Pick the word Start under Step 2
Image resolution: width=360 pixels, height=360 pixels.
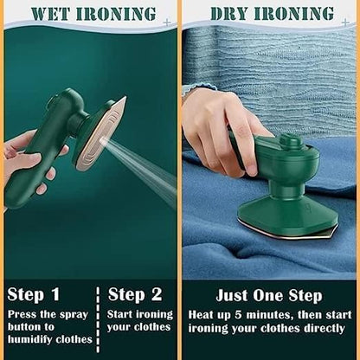coord(124,314)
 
